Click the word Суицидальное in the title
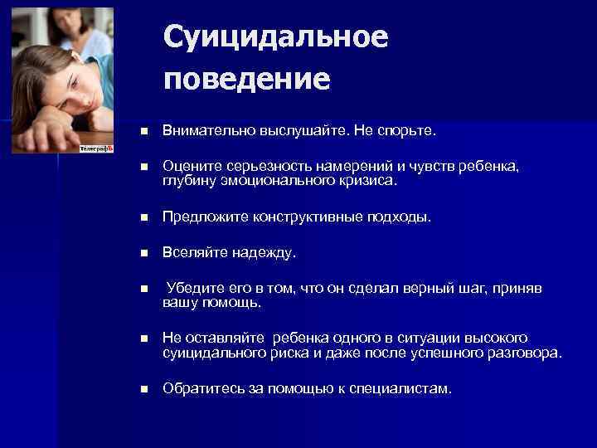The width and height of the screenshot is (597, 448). pyautogui.click(x=275, y=37)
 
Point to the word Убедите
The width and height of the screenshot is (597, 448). pyautogui.click(x=193, y=288)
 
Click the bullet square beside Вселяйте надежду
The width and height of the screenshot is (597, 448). pyautogui.click(x=143, y=252)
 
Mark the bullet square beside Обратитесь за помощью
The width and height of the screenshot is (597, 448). pyautogui.click(x=143, y=388)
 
